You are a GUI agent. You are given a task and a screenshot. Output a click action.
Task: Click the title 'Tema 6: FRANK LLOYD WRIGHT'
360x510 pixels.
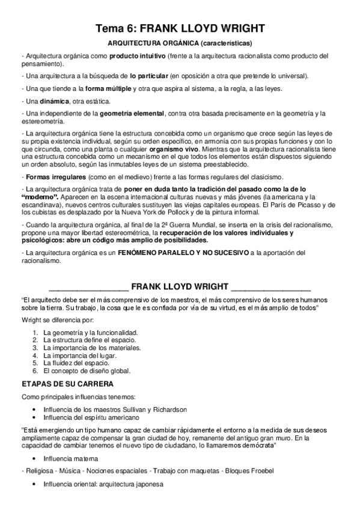(180, 28)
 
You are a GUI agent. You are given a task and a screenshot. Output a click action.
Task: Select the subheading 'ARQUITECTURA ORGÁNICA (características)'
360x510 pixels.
(180, 43)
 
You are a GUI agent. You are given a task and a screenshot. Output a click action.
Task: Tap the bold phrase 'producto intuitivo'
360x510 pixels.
(134, 56)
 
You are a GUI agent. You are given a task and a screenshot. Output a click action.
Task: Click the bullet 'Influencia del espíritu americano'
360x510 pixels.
(92, 416)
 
